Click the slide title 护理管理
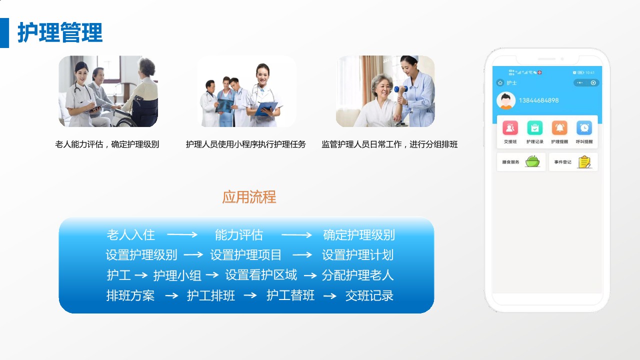click(x=60, y=33)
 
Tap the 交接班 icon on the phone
click(x=510, y=128)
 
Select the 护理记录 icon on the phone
click(x=534, y=128)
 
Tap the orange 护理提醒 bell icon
click(x=559, y=128)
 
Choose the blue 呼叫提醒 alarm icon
click(x=584, y=128)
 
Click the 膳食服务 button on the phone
click(x=521, y=162)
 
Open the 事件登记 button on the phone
click(x=573, y=162)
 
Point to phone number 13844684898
click(x=538, y=100)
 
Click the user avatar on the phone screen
click(x=506, y=100)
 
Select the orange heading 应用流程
click(x=249, y=197)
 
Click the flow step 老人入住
click(x=131, y=234)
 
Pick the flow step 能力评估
click(x=239, y=234)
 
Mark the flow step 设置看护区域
click(x=261, y=275)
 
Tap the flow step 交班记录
click(x=369, y=295)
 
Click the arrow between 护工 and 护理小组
click(x=141, y=275)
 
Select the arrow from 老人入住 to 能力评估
click(x=182, y=234)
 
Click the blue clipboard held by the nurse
click(x=266, y=108)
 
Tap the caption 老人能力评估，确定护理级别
click(x=107, y=144)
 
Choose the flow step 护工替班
click(x=290, y=295)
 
